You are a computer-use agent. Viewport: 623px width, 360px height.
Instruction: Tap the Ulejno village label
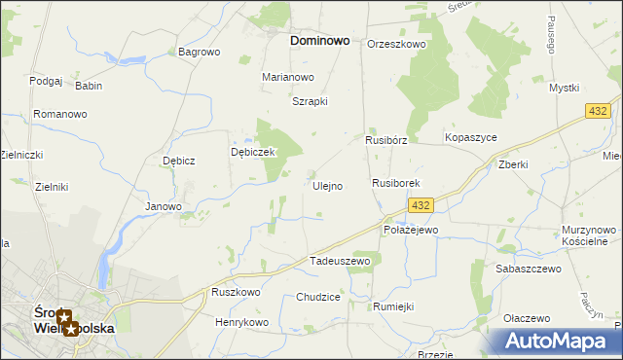click(326, 186)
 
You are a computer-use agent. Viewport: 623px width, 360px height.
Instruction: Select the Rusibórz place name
click(385, 140)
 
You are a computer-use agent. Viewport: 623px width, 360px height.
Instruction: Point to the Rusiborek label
click(395, 183)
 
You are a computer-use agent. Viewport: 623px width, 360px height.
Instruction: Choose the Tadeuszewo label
click(340, 262)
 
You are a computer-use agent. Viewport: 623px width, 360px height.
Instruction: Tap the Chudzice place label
click(318, 298)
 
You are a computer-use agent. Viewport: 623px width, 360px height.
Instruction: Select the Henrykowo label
click(241, 322)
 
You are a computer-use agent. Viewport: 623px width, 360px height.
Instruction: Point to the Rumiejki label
click(393, 306)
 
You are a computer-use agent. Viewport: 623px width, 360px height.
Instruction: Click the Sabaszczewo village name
click(529, 269)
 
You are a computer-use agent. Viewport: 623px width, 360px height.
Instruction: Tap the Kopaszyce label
click(471, 138)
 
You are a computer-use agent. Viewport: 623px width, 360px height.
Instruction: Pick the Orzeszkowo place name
click(397, 45)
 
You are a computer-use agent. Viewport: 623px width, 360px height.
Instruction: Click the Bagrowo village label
click(200, 52)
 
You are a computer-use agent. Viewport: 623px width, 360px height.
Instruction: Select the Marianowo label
click(288, 77)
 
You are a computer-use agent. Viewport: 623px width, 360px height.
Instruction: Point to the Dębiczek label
click(254, 153)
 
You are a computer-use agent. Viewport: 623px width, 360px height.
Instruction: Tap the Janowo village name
click(164, 206)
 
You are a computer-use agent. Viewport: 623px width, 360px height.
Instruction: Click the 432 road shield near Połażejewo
click(421, 206)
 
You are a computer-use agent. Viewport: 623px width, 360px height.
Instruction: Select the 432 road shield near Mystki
click(599, 113)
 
